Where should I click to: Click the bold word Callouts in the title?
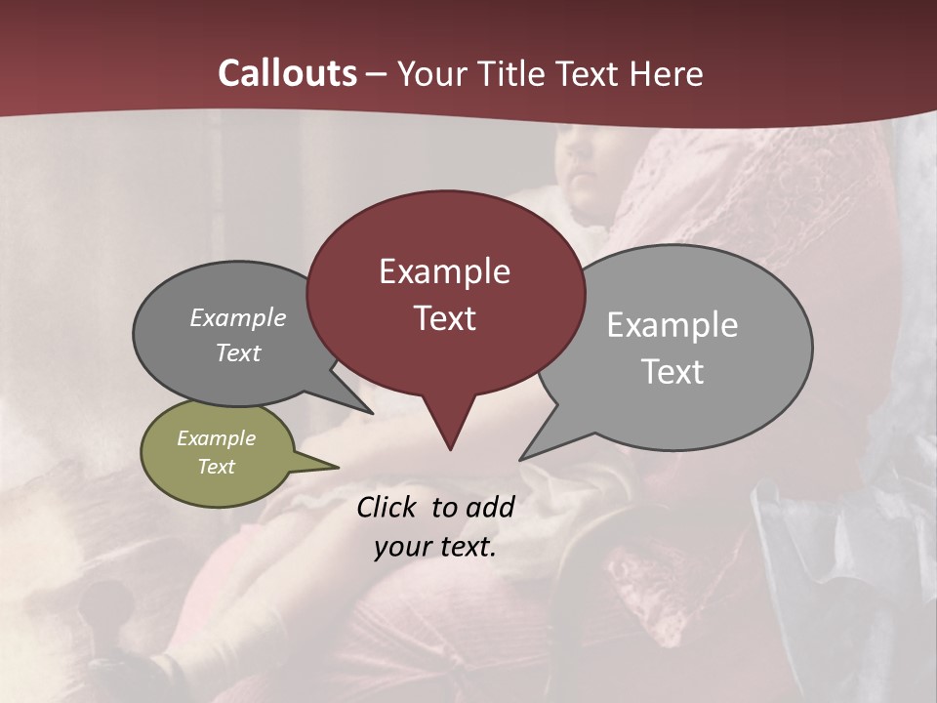coord(287,73)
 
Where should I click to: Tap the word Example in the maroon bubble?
coord(444,271)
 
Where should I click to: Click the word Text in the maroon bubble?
coord(444,318)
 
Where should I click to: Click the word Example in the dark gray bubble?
coord(238,318)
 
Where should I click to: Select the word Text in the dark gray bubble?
coord(238,352)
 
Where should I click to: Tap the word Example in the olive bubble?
coord(216,438)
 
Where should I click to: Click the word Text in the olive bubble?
coord(216,467)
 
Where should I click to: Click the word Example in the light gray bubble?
coord(672,325)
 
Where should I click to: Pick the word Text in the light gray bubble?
coord(672,372)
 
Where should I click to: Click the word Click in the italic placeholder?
coord(387,507)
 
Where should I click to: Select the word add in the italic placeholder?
coord(491,507)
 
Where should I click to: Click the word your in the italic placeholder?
coord(398,547)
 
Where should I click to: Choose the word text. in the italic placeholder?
coord(464,547)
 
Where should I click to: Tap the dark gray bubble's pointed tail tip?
coord(371,412)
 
